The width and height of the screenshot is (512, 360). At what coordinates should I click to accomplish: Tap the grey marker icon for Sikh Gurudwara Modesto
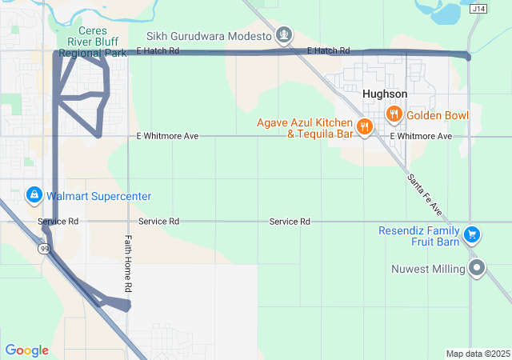(x=283, y=35)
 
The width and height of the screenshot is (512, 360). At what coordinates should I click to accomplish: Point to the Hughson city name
(x=384, y=94)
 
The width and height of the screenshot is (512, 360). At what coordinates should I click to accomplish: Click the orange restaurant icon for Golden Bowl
(x=394, y=115)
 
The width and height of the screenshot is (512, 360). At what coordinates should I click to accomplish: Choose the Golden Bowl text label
(x=438, y=116)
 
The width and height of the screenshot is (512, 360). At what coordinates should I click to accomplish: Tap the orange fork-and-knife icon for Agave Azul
(x=364, y=127)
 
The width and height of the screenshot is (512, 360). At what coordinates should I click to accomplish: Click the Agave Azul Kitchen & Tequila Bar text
(x=305, y=128)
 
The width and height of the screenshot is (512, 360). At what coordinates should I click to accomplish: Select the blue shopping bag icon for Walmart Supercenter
(x=34, y=195)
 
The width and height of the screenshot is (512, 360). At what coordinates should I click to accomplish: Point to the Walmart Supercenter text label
(x=98, y=196)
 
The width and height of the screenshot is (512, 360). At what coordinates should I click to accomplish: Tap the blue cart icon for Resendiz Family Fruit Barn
(x=473, y=234)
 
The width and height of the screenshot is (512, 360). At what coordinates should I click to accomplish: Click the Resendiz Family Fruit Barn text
(x=421, y=236)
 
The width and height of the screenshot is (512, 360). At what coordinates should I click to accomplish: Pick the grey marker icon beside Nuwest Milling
(x=478, y=268)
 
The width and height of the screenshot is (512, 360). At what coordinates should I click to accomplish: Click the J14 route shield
(x=479, y=9)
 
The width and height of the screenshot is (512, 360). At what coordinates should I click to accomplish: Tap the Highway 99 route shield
(x=45, y=250)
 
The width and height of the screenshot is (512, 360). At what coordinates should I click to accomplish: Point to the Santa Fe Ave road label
(x=424, y=194)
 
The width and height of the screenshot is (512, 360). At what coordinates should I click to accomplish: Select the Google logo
(x=27, y=350)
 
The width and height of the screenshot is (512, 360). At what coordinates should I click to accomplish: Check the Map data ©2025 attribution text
(x=477, y=354)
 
